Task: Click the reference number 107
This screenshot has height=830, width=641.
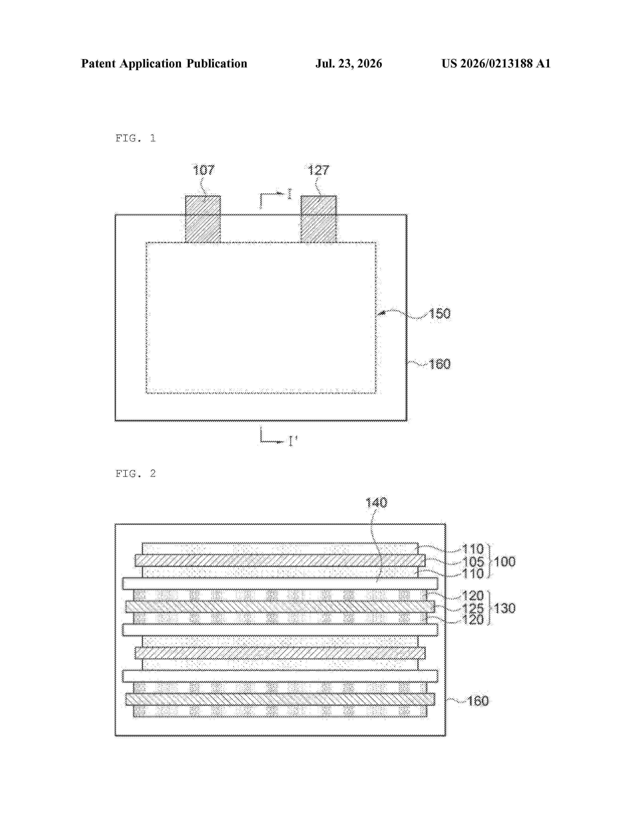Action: pyautogui.click(x=204, y=170)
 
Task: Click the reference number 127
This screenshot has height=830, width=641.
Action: pyautogui.click(x=318, y=170)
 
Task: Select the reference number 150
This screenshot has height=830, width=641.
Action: pyautogui.click(x=440, y=314)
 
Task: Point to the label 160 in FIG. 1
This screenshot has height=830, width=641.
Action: pyautogui.click(x=440, y=364)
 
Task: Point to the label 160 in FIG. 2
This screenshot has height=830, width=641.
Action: pyautogui.click(x=478, y=700)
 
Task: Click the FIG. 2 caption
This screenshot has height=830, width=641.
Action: pyautogui.click(x=135, y=474)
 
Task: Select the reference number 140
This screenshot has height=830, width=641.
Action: pyautogui.click(x=376, y=503)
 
